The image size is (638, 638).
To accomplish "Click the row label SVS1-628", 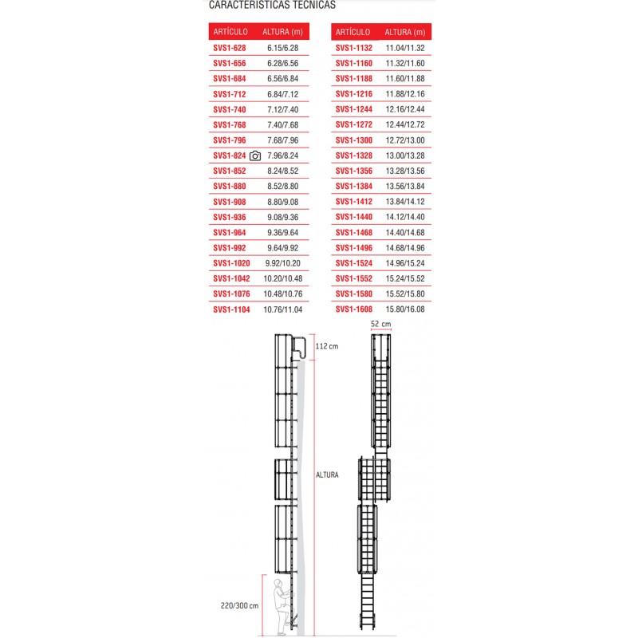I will (230, 49).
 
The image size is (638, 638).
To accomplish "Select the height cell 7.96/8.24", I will (283, 156).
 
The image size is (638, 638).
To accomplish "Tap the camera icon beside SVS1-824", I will (255, 156).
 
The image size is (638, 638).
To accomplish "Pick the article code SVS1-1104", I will (232, 309).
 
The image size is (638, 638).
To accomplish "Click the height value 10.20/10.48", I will (285, 279).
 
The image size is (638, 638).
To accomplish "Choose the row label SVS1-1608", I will (354, 309).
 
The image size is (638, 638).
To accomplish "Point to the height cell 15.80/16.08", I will (405, 309).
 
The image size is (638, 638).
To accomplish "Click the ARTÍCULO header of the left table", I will (230, 32).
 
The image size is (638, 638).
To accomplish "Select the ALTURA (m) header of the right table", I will (406, 32).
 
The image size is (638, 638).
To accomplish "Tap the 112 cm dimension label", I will (327, 347).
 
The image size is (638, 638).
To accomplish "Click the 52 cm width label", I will (381, 325).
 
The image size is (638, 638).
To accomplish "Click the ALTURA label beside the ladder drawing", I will (328, 475).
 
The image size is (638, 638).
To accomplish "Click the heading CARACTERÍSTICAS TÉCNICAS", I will (272, 5).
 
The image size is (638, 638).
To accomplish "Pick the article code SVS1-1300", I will (354, 140).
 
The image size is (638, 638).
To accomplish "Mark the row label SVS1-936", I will (230, 218).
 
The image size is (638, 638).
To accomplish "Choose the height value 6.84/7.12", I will (283, 95).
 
